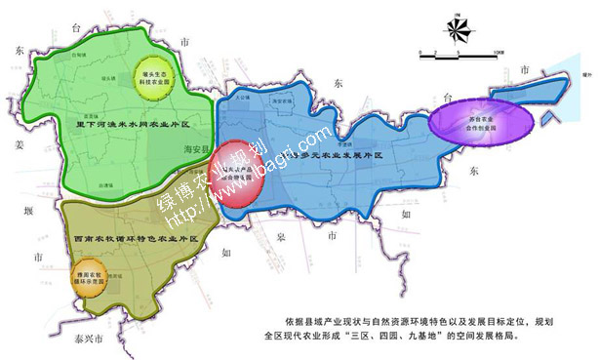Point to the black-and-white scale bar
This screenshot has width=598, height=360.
458,54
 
